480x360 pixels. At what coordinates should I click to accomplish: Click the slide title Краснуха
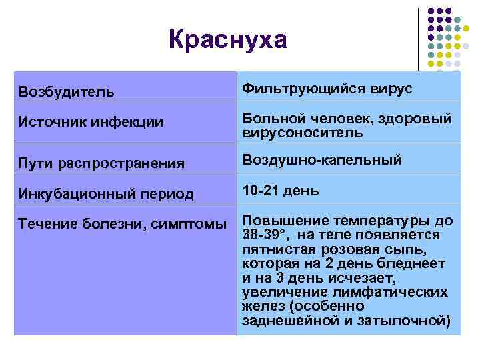point(227,40)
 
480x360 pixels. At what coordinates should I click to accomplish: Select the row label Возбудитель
point(66,90)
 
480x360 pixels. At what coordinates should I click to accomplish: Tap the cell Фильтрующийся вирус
point(327,88)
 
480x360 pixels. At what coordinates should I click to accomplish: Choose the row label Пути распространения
point(101,163)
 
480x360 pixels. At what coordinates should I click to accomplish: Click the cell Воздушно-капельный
point(331,160)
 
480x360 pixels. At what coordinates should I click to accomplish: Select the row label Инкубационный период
point(106,194)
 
